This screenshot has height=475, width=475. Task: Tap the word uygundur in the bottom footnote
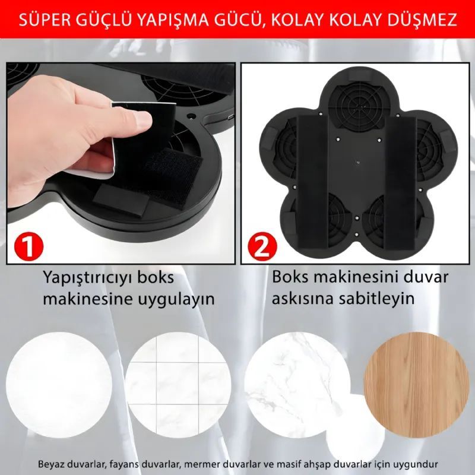click(x=418, y=463)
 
